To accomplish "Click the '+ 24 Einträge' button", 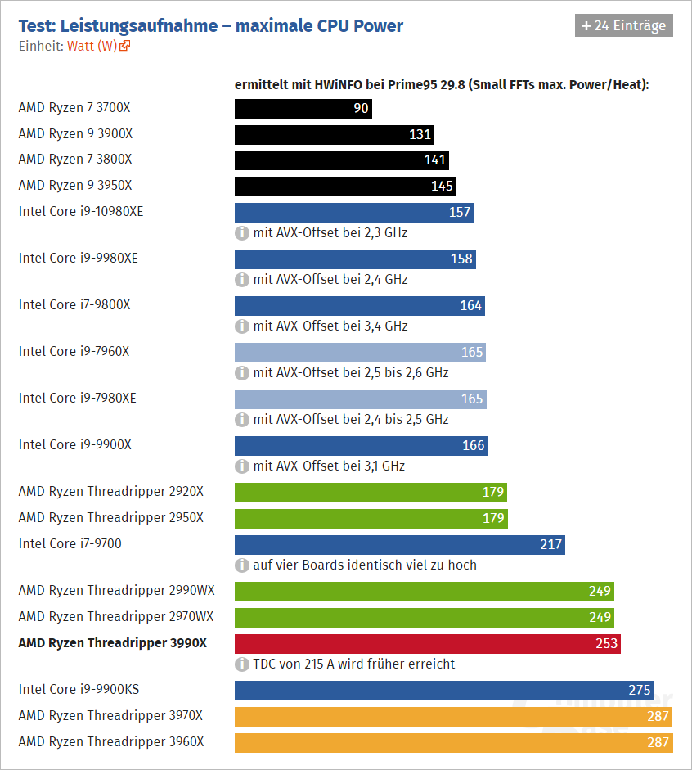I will pos(623,25).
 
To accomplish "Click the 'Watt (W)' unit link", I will pos(95,46).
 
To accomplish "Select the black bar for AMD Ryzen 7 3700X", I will pos(303,109).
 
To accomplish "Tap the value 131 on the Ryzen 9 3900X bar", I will pos(420,135).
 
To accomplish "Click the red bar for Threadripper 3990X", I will pos(427,643).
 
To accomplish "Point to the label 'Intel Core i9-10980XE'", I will pos(81,211).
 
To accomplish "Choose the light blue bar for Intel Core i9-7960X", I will pos(360,353).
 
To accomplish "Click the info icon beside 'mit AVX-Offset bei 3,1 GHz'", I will pos(242,466).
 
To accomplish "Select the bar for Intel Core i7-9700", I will pos(399,544).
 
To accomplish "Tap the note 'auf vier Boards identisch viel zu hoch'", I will pos(365,565).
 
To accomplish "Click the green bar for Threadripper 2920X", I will pos(371,493).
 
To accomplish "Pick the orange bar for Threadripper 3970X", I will pos(452,717).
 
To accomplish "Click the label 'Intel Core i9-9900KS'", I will pos(79,689).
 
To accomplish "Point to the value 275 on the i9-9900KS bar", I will pos(639,690).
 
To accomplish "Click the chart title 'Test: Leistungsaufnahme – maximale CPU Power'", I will pos(210,25).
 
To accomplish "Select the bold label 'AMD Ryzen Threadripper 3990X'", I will pos(112,643).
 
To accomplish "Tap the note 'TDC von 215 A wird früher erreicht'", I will pos(354,664).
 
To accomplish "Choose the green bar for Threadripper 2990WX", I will pos(424,592).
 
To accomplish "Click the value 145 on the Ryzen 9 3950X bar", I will pos(442,186).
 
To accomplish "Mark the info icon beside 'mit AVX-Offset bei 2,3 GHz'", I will pos(242,232).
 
